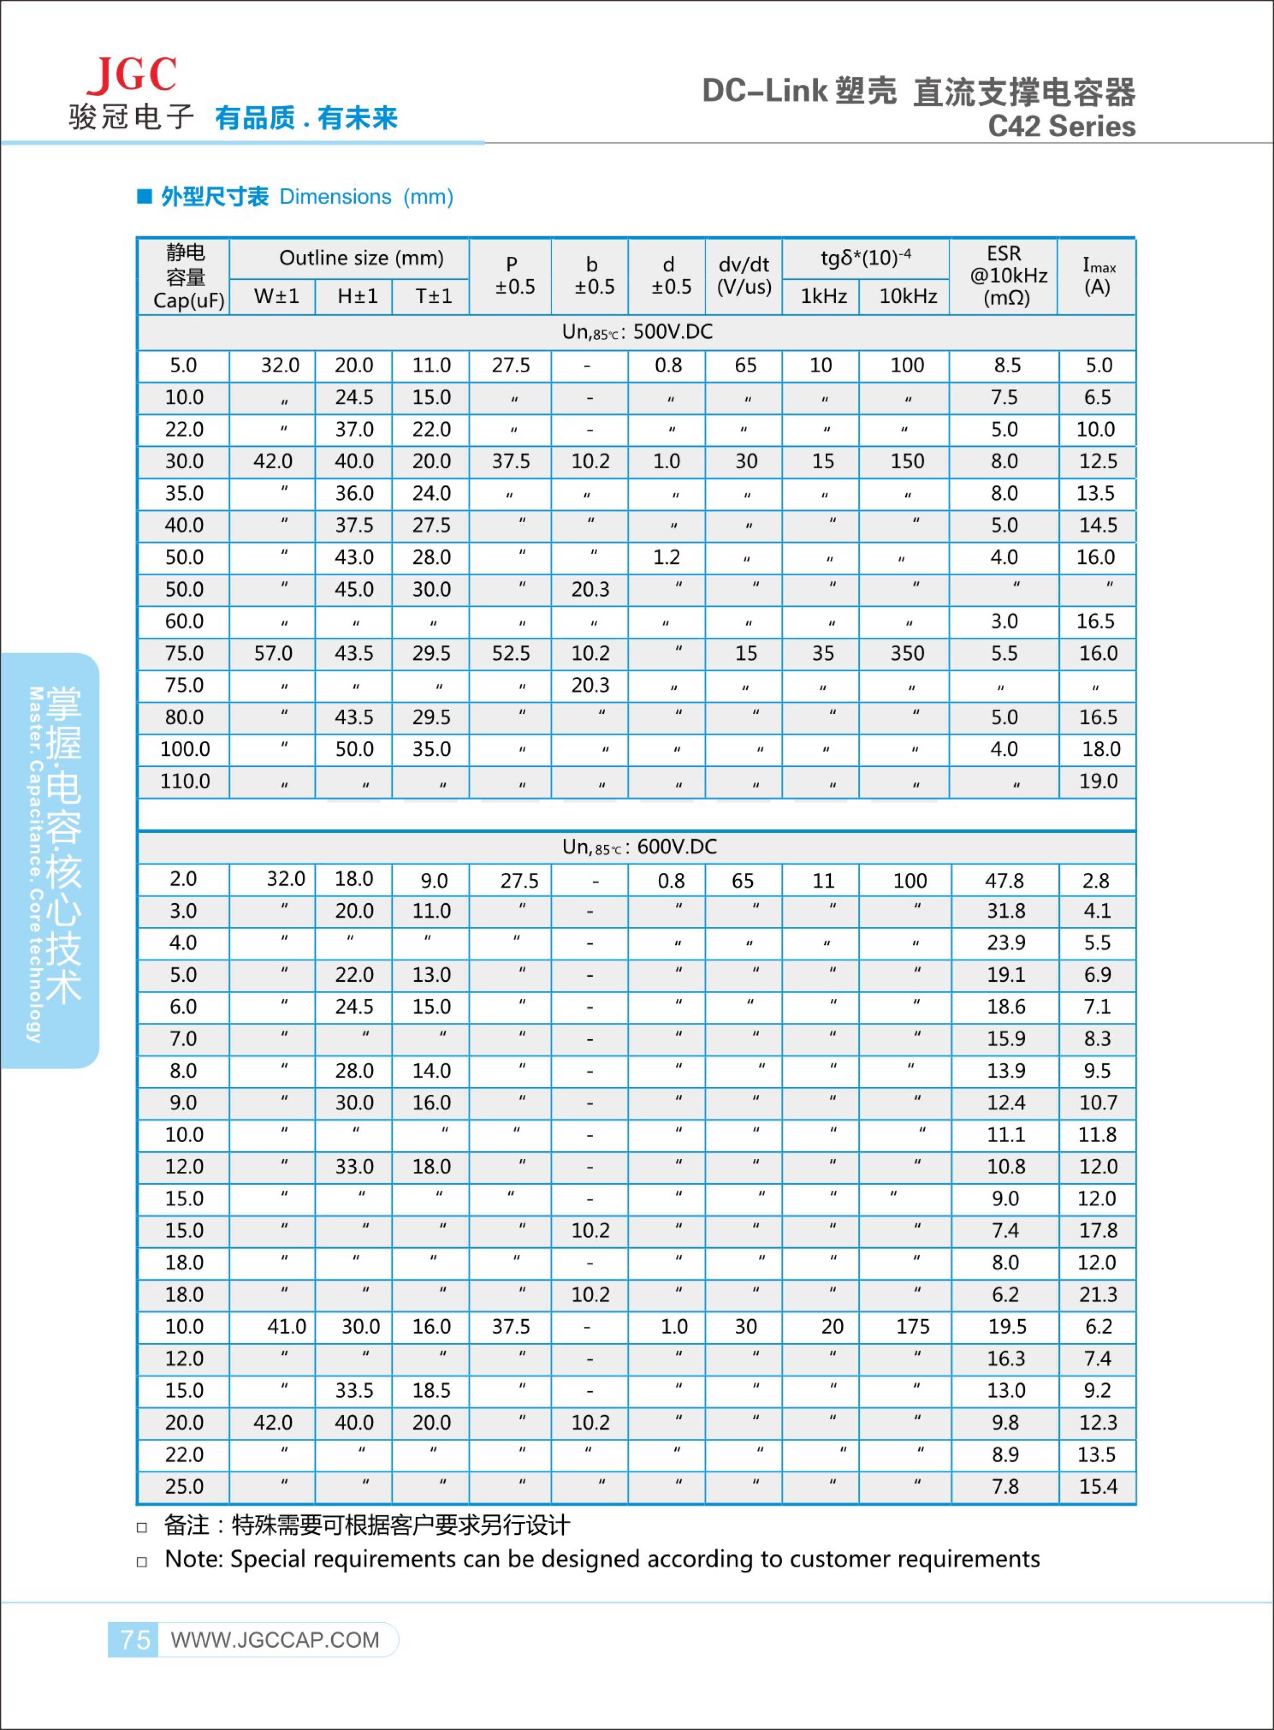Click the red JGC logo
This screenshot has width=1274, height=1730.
132,75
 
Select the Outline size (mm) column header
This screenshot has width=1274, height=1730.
361,258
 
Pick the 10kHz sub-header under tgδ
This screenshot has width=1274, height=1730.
908,296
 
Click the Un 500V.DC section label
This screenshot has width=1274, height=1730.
637,332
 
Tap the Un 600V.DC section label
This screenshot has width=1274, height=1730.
639,847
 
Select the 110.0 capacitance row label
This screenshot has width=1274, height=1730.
185,782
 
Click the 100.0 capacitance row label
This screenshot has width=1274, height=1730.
185,749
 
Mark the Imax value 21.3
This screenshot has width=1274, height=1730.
1098,1294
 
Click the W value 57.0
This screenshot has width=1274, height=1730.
273,653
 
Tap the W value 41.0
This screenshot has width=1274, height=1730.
286,1326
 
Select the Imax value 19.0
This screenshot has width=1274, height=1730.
1098,782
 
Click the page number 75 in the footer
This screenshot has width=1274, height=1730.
135,1639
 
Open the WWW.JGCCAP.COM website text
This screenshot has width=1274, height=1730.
275,1640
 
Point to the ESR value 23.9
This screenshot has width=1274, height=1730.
1005,942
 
